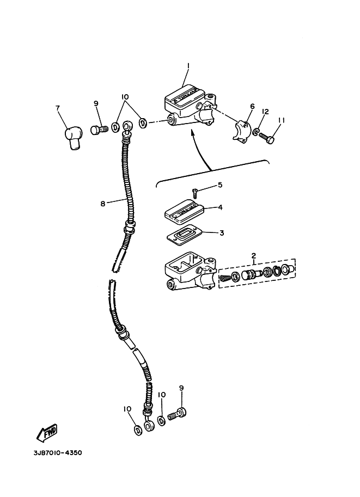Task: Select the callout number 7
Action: coord(58,108)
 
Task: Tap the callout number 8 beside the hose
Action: coord(102,204)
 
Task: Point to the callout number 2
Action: coord(253,255)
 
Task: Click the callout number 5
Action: coord(220,185)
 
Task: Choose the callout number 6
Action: coord(252,107)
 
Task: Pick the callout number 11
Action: coord(282,120)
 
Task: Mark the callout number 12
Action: coord(265,112)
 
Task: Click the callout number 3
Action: coord(222,233)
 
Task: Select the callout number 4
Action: coord(220,207)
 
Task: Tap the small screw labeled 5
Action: coord(194,191)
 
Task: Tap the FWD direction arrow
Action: coord(47,432)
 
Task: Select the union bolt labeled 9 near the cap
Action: coord(97,131)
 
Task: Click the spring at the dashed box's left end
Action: coord(225,278)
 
